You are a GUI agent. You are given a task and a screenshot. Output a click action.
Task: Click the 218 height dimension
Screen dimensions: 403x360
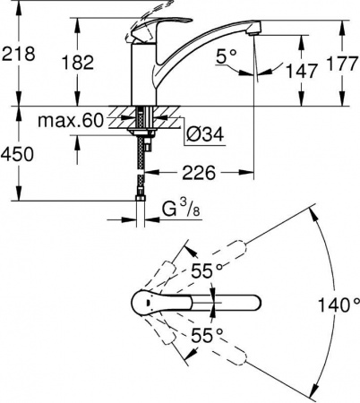[x=18, y=53]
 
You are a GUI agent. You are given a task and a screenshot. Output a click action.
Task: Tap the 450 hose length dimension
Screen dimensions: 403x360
[x=18, y=154]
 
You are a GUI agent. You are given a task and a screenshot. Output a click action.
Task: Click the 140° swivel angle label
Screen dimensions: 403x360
[x=339, y=304]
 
